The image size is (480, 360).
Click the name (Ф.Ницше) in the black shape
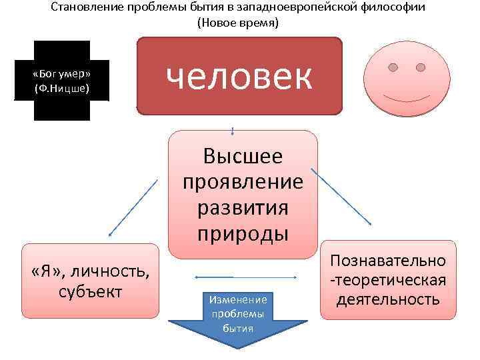pos(61,87)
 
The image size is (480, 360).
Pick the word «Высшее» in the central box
pos(243,156)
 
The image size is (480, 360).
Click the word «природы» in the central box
pos(243,233)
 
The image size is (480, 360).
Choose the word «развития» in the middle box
pos(243,207)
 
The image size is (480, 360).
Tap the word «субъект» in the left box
pos(90,291)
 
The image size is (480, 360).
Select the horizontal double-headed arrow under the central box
pos(245,276)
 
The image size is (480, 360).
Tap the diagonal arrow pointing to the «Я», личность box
pos(133,207)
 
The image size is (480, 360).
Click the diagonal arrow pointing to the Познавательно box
pos(343,196)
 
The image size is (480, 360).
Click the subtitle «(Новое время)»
pos(238,22)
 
